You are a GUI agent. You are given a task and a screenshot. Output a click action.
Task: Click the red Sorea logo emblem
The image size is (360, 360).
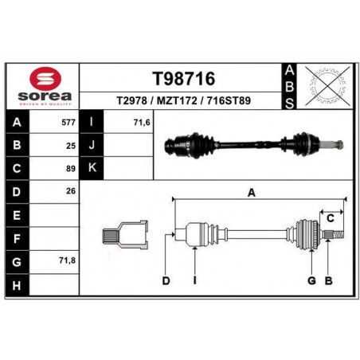coord(45,78)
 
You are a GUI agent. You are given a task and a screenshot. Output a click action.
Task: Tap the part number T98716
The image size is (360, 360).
coord(184,79)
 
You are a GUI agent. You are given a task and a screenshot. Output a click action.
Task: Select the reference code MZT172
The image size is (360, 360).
coord(177,100)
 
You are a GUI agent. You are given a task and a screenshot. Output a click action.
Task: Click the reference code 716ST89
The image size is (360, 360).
coord(229,100)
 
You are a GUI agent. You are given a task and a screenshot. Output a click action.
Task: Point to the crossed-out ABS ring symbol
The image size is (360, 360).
coord(327,86)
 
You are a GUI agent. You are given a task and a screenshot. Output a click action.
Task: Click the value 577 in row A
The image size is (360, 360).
coord(68,123)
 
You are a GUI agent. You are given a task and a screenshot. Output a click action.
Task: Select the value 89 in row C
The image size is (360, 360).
coord(71,169)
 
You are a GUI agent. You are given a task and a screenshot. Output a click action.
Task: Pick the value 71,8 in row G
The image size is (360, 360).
coord(67,260)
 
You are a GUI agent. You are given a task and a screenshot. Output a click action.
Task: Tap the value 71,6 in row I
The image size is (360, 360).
coord(142,123)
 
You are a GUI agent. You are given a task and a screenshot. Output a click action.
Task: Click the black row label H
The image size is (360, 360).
coord(17,285)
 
